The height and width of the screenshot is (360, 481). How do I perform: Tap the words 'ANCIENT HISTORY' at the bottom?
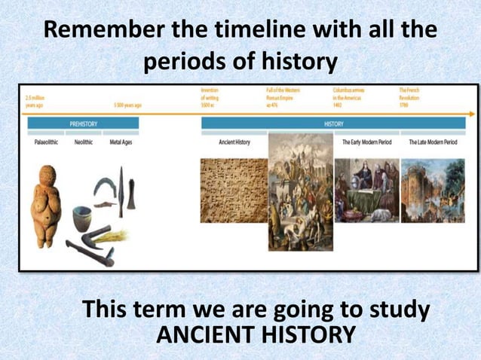click(x=254, y=333)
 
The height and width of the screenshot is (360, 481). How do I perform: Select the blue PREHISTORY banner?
click(x=83, y=123)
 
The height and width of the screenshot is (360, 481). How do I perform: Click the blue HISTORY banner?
click(x=333, y=123)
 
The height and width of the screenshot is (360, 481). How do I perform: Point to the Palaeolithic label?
click(x=46, y=142)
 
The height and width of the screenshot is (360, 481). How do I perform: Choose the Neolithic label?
click(x=84, y=142)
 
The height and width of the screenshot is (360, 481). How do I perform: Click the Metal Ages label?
click(x=121, y=142)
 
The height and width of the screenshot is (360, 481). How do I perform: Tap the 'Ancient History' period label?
click(x=234, y=142)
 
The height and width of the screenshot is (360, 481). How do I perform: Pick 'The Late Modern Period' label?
click(x=433, y=142)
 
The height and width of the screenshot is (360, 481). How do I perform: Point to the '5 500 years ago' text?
click(x=129, y=106)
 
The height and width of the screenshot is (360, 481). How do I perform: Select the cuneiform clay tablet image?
click(x=234, y=190)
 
